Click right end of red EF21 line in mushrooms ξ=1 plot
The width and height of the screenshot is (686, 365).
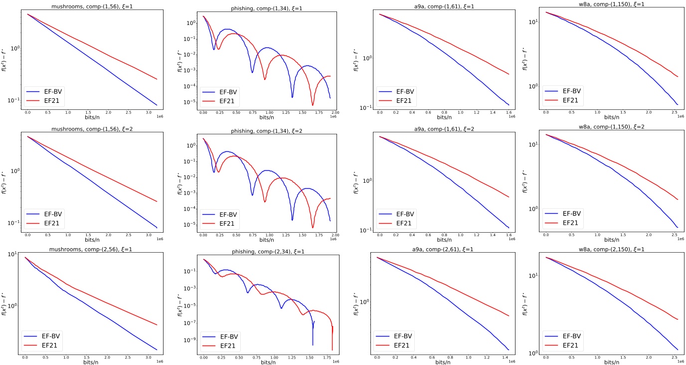point(157,79)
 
